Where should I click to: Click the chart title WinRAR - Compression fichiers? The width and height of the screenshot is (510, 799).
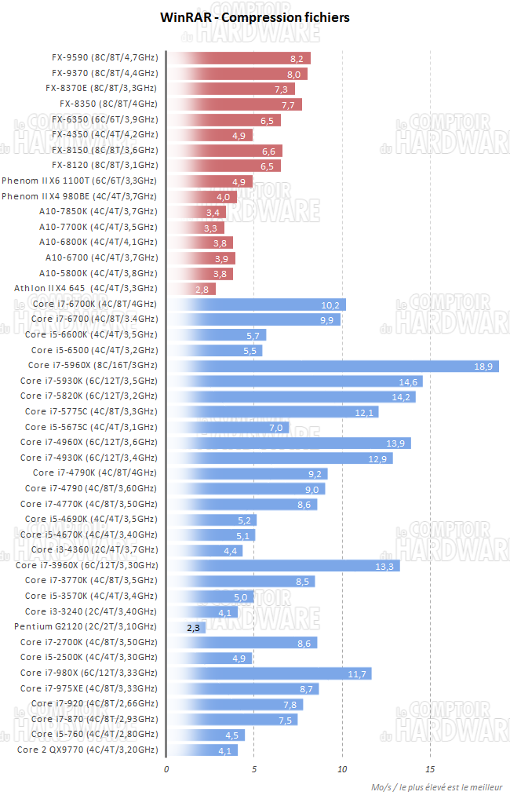255,16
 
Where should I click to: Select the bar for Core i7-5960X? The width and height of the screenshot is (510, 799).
333,366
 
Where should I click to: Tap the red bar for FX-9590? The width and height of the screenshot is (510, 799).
239,58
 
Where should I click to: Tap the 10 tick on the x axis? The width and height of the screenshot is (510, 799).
342,769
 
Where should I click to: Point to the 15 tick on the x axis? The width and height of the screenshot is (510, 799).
430,769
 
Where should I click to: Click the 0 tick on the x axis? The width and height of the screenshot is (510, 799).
166,769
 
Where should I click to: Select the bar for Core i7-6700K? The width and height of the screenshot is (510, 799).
257,305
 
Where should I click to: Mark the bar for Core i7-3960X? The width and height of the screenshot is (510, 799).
283,566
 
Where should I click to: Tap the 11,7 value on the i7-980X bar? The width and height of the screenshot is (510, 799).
359,673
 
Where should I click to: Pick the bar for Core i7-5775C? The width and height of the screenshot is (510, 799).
273,412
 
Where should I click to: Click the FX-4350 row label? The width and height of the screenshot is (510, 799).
104,135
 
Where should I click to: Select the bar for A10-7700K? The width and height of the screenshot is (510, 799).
195,228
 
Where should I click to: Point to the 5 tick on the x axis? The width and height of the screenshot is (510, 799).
254,769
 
